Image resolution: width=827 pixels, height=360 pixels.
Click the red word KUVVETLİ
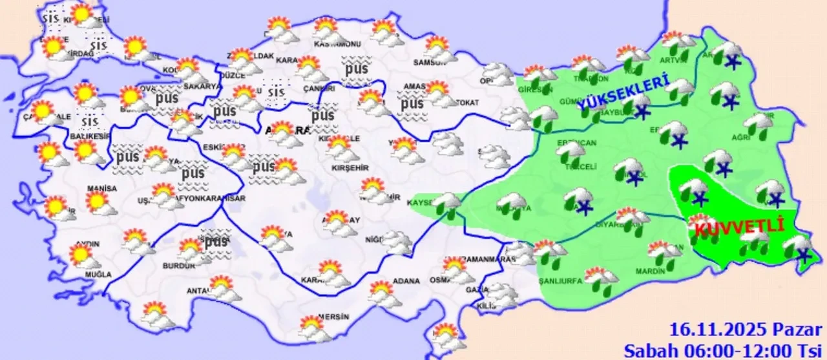738,228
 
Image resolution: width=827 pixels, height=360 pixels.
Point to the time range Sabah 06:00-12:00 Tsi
720,350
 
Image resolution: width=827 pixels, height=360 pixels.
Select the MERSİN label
333,317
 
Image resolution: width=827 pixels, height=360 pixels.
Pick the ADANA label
406,281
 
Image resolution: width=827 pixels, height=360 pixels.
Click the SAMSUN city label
431,61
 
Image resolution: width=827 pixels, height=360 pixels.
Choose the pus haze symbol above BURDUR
215,240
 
